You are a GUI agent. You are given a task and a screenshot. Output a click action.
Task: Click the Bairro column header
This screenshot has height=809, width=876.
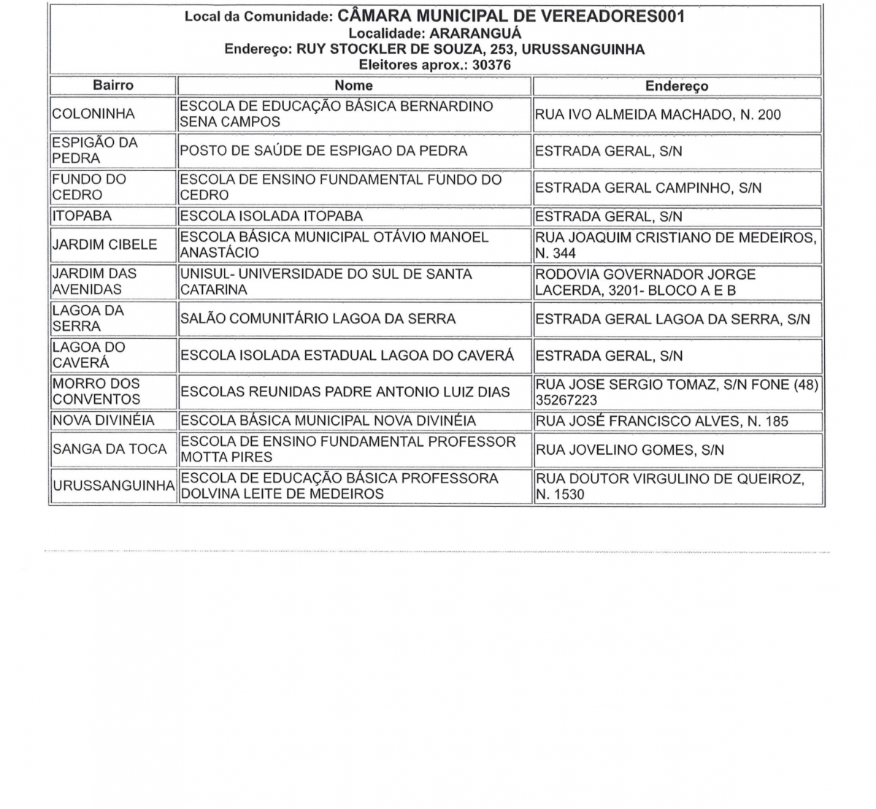click(x=113, y=85)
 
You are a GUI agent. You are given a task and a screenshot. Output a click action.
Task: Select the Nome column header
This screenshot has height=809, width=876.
click(x=354, y=85)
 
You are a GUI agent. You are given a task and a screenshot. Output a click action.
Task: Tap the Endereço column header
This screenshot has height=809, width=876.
click(x=677, y=86)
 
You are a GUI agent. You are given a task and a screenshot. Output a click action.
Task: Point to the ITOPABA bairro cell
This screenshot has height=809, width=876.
click(x=82, y=216)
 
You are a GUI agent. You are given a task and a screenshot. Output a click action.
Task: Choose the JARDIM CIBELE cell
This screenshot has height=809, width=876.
click(x=104, y=245)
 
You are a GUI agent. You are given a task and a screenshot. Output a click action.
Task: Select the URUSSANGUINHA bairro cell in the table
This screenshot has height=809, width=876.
click(x=113, y=486)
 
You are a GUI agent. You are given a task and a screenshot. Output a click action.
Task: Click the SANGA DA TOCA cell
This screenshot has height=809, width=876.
click(x=109, y=449)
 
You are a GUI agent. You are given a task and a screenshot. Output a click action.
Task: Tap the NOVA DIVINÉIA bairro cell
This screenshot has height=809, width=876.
click(x=103, y=421)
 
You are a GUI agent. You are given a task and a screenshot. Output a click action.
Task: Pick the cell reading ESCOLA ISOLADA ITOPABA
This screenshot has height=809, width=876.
click(x=272, y=216)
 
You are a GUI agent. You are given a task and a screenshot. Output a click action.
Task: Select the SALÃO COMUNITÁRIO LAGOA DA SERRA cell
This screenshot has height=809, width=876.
click(x=318, y=319)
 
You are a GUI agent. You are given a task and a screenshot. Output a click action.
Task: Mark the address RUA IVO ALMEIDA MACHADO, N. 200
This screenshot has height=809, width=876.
click(x=658, y=115)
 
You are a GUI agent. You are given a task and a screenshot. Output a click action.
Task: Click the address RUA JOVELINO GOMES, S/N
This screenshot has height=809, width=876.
click(x=630, y=450)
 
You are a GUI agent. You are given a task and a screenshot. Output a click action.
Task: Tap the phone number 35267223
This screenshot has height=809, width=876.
click(x=566, y=400)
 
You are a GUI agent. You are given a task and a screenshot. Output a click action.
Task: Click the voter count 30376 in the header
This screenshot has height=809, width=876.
click(x=491, y=65)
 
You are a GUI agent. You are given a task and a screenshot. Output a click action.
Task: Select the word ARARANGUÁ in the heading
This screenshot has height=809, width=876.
click(x=475, y=34)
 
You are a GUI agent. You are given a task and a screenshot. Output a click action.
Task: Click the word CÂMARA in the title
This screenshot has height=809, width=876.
click(x=375, y=16)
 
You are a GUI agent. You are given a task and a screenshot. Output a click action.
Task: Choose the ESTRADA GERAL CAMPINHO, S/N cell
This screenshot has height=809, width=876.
click(x=648, y=188)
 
